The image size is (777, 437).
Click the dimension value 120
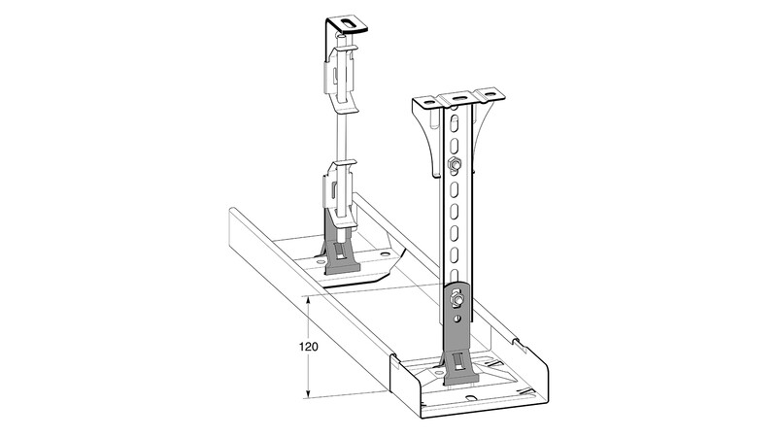pyautogui.click(x=308, y=347)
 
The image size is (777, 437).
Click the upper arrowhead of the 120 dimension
pyautogui.click(x=308, y=301)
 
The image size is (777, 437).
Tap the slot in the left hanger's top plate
pyautogui.click(x=351, y=23)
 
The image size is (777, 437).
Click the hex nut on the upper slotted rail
pyautogui.click(x=453, y=164)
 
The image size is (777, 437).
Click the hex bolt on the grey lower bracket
pyautogui.click(x=456, y=299)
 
